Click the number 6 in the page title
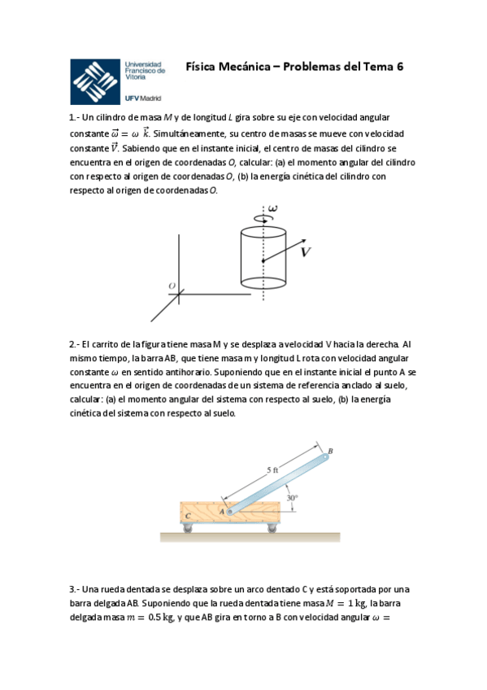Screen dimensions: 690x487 click(400, 68)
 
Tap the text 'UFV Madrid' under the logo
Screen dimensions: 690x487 click(143, 98)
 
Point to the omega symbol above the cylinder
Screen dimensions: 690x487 click(272, 209)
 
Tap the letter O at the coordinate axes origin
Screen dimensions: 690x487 click(172, 286)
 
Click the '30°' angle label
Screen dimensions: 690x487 click(292, 497)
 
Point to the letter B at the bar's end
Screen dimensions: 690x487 click(330, 451)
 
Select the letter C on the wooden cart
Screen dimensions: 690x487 click(189, 516)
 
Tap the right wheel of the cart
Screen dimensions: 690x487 click(270, 530)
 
